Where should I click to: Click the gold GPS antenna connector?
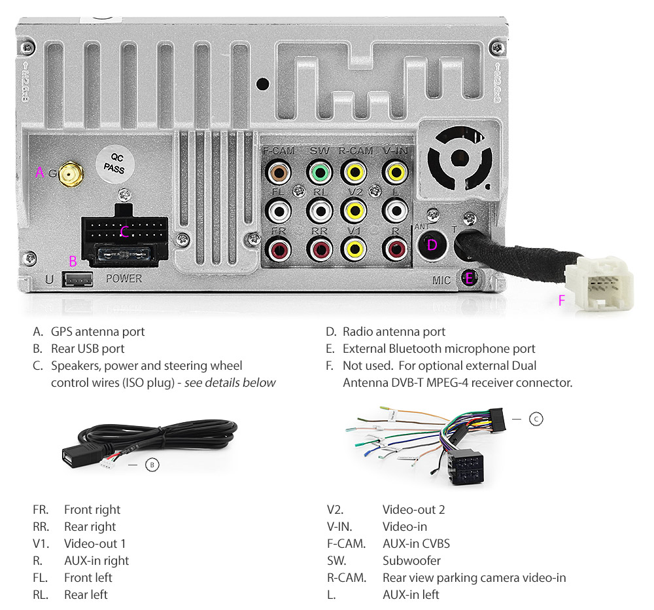70,175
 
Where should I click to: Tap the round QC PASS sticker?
116,163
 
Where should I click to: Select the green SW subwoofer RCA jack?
320,173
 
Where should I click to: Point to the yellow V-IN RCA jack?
395,173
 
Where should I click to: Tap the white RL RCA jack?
320,211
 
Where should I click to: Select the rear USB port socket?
78,279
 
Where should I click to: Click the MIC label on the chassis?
441,281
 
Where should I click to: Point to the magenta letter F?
560,301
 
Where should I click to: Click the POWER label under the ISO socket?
124,278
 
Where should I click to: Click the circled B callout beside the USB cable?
152,465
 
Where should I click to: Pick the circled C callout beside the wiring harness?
536,419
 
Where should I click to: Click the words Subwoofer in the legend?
411,561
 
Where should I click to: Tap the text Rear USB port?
88,349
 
